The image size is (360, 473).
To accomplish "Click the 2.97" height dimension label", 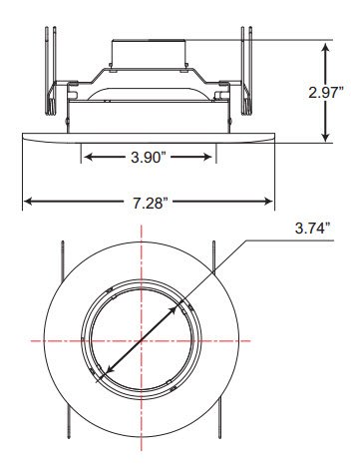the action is (326, 92).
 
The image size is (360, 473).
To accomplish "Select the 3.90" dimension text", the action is (148, 157).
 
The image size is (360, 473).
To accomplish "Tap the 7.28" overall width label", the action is (149, 203).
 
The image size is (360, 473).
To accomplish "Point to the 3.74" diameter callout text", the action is (313, 229).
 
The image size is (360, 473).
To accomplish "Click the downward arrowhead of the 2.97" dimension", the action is (326, 136).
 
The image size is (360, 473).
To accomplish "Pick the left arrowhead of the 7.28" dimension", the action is (29, 201).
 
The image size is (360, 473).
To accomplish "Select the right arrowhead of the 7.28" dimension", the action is (267, 201).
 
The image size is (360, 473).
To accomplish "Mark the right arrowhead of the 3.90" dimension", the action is (206, 157).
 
